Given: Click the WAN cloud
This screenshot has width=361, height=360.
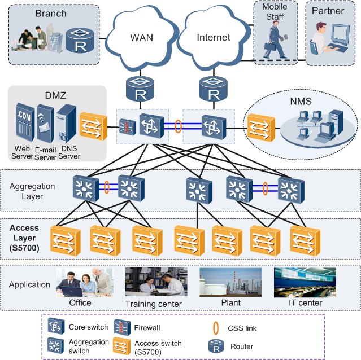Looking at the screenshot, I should coord(141,37).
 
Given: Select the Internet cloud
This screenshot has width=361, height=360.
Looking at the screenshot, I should coord(213,37).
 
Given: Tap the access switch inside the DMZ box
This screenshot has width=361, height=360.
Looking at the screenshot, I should coord(93,127).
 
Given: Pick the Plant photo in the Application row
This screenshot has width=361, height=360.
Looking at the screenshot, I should coord(229,282).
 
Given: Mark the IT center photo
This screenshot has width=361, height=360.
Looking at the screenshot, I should coord(305,282).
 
